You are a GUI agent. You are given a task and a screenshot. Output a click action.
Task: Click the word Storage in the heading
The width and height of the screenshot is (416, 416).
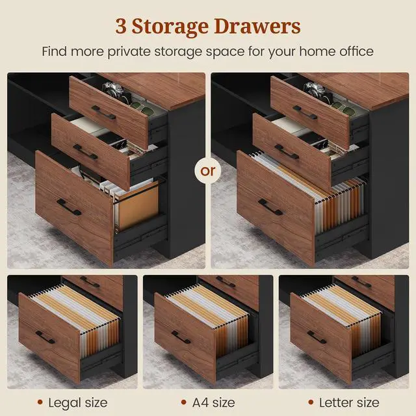click(170, 27)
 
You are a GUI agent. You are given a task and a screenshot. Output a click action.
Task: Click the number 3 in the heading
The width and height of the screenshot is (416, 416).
click(121, 26)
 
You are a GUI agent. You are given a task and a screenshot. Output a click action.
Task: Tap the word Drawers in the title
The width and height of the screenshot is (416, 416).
click(257, 26)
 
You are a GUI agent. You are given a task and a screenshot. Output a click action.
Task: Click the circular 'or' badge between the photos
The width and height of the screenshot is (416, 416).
click(208, 171)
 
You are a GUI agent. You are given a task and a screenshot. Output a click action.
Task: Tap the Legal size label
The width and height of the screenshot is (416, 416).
click(78, 403)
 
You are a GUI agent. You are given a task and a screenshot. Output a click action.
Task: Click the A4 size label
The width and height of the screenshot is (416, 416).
click(214, 403)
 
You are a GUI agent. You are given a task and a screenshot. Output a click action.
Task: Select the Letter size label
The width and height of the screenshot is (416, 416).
click(349, 403)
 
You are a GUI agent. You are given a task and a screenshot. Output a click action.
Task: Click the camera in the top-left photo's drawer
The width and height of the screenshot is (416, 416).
click(113, 90)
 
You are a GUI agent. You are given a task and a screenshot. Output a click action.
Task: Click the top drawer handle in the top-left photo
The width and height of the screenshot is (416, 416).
click(104, 112)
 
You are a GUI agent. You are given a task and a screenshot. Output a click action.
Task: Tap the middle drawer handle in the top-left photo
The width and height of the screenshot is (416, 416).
click(85, 152)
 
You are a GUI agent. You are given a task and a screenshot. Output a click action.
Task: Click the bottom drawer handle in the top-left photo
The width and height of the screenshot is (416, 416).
click(69, 207)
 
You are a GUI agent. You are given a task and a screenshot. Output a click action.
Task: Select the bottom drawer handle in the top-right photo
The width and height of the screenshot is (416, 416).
click(270, 207)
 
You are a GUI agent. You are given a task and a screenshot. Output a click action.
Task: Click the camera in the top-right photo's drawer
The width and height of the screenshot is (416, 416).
click(315, 90)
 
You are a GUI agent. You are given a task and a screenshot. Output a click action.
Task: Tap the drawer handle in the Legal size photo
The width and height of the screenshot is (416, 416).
click(45, 337)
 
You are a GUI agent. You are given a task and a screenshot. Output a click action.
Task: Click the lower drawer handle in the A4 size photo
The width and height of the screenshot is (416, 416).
click(181, 337)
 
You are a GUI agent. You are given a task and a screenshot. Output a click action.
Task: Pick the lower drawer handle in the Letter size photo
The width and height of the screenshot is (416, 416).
click(317, 337)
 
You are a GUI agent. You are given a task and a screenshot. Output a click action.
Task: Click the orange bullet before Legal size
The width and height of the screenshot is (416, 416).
click(40, 402)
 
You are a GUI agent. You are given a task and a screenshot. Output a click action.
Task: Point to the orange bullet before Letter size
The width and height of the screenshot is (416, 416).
click(311, 402)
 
